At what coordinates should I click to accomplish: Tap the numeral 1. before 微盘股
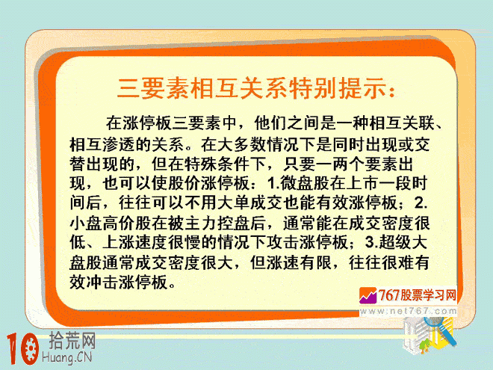coord(273,183)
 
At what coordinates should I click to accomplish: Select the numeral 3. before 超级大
coord(372,242)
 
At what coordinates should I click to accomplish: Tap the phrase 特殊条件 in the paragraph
coord(217,164)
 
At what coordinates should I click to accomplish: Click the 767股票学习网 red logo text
coord(417,295)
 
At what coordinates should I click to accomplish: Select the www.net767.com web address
coord(408,311)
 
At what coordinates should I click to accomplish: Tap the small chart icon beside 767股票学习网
coord(368,295)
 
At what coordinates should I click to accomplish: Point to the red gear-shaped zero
coord(31,349)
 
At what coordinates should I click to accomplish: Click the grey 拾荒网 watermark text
coord(72,341)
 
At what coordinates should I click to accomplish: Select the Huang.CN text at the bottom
coord(67,358)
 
